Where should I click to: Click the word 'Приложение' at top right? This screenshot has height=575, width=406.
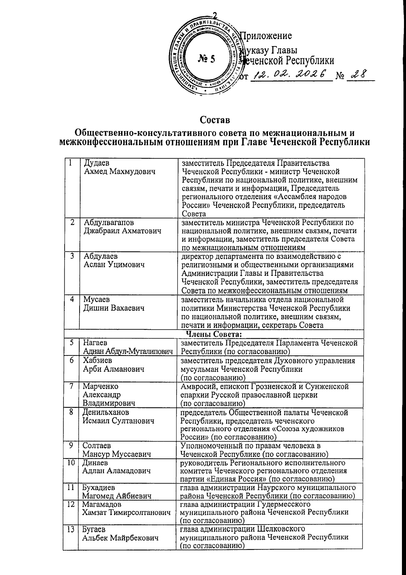point(266,36)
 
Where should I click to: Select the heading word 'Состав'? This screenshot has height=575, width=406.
point(215,120)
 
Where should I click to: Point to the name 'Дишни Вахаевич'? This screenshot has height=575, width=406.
point(114,308)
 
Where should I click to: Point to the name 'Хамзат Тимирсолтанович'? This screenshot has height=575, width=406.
point(126,513)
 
